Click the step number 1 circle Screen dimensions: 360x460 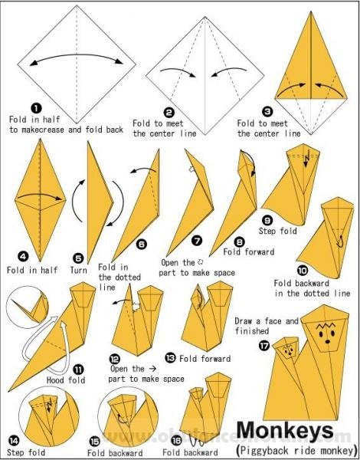point(36,109)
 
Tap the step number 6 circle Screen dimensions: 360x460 point(141,244)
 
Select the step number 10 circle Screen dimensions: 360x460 point(303,270)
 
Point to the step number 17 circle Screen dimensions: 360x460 point(263,345)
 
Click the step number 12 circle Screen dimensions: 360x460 point(114,359)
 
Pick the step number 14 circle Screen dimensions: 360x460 point(13,441)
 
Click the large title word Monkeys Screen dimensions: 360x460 point(285,431)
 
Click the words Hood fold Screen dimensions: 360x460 point(66,380)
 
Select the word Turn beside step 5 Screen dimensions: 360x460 point(78,270)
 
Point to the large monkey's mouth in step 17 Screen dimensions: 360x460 point(326,342)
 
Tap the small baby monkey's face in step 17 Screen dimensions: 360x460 point(289,351)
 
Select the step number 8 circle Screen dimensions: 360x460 point(240,242)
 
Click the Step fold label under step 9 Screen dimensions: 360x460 point(277,231)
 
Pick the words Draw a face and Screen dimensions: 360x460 point(267,321)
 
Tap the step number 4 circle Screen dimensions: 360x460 point(23,258)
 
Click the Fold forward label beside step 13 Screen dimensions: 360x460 point(205,359)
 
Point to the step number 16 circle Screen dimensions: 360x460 point(176,440)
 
